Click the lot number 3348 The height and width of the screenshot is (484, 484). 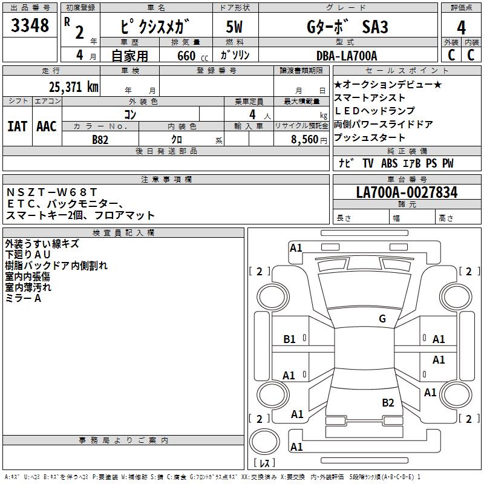pyautogui.click(x=30, y=26)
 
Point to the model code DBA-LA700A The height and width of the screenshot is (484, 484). pyautogui.click(x=347, y=56)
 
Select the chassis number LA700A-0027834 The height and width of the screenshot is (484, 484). pyautogui.click(x=407, y=192)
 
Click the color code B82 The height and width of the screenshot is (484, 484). pyautogui.click(x=100, y=139)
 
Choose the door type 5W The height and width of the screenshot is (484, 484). pyautogui.click(x=234, y=27)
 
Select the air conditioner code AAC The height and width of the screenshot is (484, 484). pyautogui.click(x=47, y=126)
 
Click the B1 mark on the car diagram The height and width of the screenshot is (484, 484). pyautogui.click(x=290, y=339)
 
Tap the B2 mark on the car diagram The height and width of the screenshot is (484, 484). pyautogui.click(x=388, y=402)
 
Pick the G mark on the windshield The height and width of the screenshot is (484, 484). pyautogui.click(x=382, y=318)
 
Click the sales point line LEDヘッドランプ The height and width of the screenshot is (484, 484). pyautogui.click(x=374, y=111)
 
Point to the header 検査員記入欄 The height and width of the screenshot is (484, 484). pyautogui.click(x=123, y=232)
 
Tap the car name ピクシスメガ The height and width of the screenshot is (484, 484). pyautogui.click(x=156, y=27)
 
